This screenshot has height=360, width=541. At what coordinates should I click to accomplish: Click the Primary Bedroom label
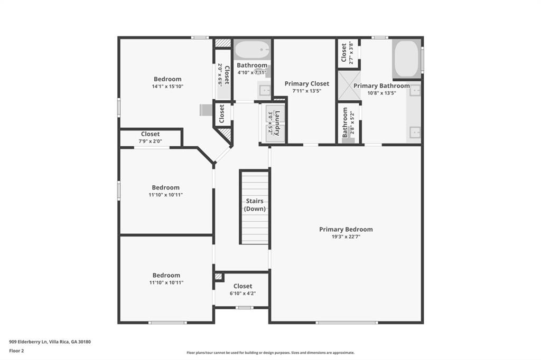[346, 229]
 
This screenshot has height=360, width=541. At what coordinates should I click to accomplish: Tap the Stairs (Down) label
[255, 205]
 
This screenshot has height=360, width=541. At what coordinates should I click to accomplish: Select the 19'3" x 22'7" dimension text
[346, 236]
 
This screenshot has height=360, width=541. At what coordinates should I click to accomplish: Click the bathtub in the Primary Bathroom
[406, 59]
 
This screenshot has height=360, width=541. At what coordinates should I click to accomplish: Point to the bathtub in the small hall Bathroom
[252, 50]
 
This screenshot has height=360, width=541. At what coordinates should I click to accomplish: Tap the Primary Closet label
[306, 83]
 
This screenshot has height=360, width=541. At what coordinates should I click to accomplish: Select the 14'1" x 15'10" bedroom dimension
[167, 86]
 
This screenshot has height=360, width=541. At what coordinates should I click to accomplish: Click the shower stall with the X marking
[349, 86]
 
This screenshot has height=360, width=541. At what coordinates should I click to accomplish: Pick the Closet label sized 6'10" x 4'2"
[242, 286]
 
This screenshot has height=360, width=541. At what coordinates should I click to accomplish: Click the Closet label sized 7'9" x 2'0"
[150, 134]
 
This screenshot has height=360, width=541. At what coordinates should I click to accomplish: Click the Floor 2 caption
[17, 350]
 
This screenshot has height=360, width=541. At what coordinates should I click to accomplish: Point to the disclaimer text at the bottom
[270, 353]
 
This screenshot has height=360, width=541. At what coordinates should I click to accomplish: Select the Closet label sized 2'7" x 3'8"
[344, 53]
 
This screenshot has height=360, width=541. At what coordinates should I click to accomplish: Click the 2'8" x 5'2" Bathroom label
[345, 122]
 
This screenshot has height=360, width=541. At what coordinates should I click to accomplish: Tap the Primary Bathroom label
[381, 86]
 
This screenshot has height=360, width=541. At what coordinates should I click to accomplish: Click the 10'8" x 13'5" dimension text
[381, 93]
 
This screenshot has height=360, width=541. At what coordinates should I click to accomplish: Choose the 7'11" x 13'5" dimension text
[306, 91]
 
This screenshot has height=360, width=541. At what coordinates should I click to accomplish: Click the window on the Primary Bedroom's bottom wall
[347, 323]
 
